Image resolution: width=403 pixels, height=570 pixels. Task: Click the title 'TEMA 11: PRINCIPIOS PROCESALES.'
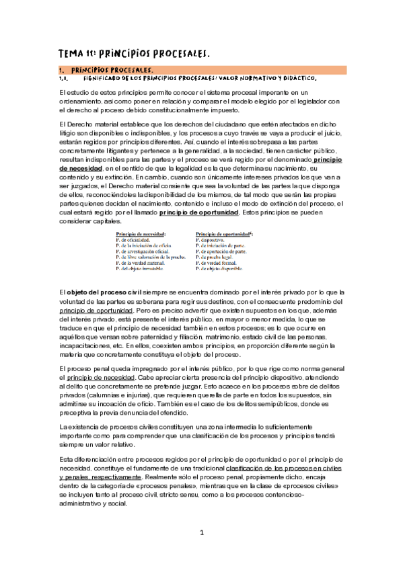coord(135,52)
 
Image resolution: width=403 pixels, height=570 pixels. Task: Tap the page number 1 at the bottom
coord(201,532)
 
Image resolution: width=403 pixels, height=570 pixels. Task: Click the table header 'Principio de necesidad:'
coord(141,234)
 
